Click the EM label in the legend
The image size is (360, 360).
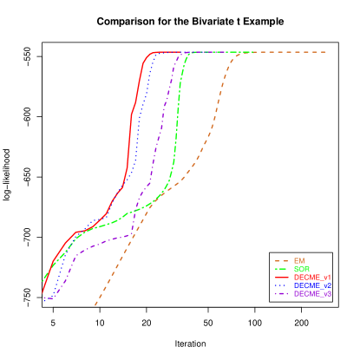[x=299, y=261]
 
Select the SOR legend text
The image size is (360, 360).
[x=301, y=270]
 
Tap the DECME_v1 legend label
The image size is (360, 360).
[x=312, y=278]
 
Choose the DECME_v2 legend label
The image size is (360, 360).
[x=312, y=285]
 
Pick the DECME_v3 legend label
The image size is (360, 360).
[x=312, y=294]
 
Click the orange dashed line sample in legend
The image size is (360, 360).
[x=282, y=261]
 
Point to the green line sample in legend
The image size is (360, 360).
[x=282, y=270]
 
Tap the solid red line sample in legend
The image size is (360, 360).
[x=282, y=278]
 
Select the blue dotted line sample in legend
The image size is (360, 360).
[x=282, y=285]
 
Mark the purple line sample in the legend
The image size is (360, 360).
[x=282, y=294]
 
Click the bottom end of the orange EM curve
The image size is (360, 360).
[x=95, y=305]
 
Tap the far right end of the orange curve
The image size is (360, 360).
[x=326, y=52]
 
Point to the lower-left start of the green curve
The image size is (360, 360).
[x=43, y=279]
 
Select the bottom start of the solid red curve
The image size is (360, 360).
[x=43, y=293]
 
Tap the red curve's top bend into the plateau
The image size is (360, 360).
[x=152, y=54]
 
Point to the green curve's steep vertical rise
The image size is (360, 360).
[x=177, y=130]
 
